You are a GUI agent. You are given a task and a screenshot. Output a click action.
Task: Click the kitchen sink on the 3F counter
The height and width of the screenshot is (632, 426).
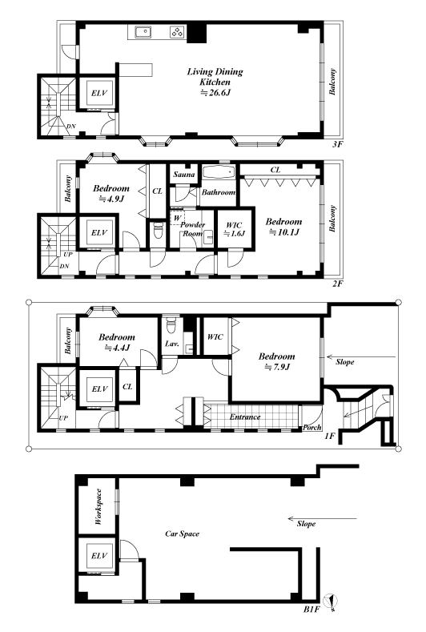point(143,32)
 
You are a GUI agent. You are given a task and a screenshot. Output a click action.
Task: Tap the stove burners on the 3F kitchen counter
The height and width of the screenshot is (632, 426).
point(177,32)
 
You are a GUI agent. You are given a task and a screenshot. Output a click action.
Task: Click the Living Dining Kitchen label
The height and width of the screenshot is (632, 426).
point(215,77)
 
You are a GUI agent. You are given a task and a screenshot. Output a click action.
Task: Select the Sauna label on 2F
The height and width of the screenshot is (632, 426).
point(184,175)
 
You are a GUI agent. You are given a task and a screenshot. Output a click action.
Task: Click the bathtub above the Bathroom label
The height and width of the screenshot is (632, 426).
point(219,172)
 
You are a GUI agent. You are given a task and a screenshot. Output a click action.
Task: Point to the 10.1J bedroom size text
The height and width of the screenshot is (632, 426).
point(283,232)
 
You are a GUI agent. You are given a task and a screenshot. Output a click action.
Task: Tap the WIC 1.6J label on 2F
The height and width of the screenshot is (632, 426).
point(234,229)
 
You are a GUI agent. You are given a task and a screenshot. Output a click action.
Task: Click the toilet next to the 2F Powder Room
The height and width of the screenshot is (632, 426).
point(158,231)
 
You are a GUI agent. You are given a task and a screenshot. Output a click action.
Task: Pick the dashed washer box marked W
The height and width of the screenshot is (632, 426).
point(176,218)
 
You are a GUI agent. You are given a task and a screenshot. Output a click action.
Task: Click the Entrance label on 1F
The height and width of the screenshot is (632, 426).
point(245,417)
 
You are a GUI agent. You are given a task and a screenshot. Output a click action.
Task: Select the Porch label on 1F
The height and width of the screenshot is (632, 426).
point(312,427)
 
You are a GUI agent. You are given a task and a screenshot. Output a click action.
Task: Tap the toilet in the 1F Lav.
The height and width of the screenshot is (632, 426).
point(171,325)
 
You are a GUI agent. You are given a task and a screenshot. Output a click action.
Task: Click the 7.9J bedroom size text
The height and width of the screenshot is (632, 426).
point(276,367)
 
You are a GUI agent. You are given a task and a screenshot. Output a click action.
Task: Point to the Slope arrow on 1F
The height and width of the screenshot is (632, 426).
point(361,356)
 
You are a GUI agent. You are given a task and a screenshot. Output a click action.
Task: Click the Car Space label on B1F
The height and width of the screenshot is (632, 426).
point(182,533)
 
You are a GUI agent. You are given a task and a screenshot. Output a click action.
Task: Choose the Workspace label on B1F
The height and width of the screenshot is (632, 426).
point(98,507)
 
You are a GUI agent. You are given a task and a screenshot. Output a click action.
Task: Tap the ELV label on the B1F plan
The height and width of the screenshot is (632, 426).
point(99,556)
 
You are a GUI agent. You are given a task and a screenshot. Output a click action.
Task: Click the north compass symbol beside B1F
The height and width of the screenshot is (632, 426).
point(332,601)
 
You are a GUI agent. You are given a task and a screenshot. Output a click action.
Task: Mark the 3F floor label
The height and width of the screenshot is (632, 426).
point(337,144)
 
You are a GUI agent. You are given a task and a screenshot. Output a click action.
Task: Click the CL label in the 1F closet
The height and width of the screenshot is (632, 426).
point(127,387)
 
